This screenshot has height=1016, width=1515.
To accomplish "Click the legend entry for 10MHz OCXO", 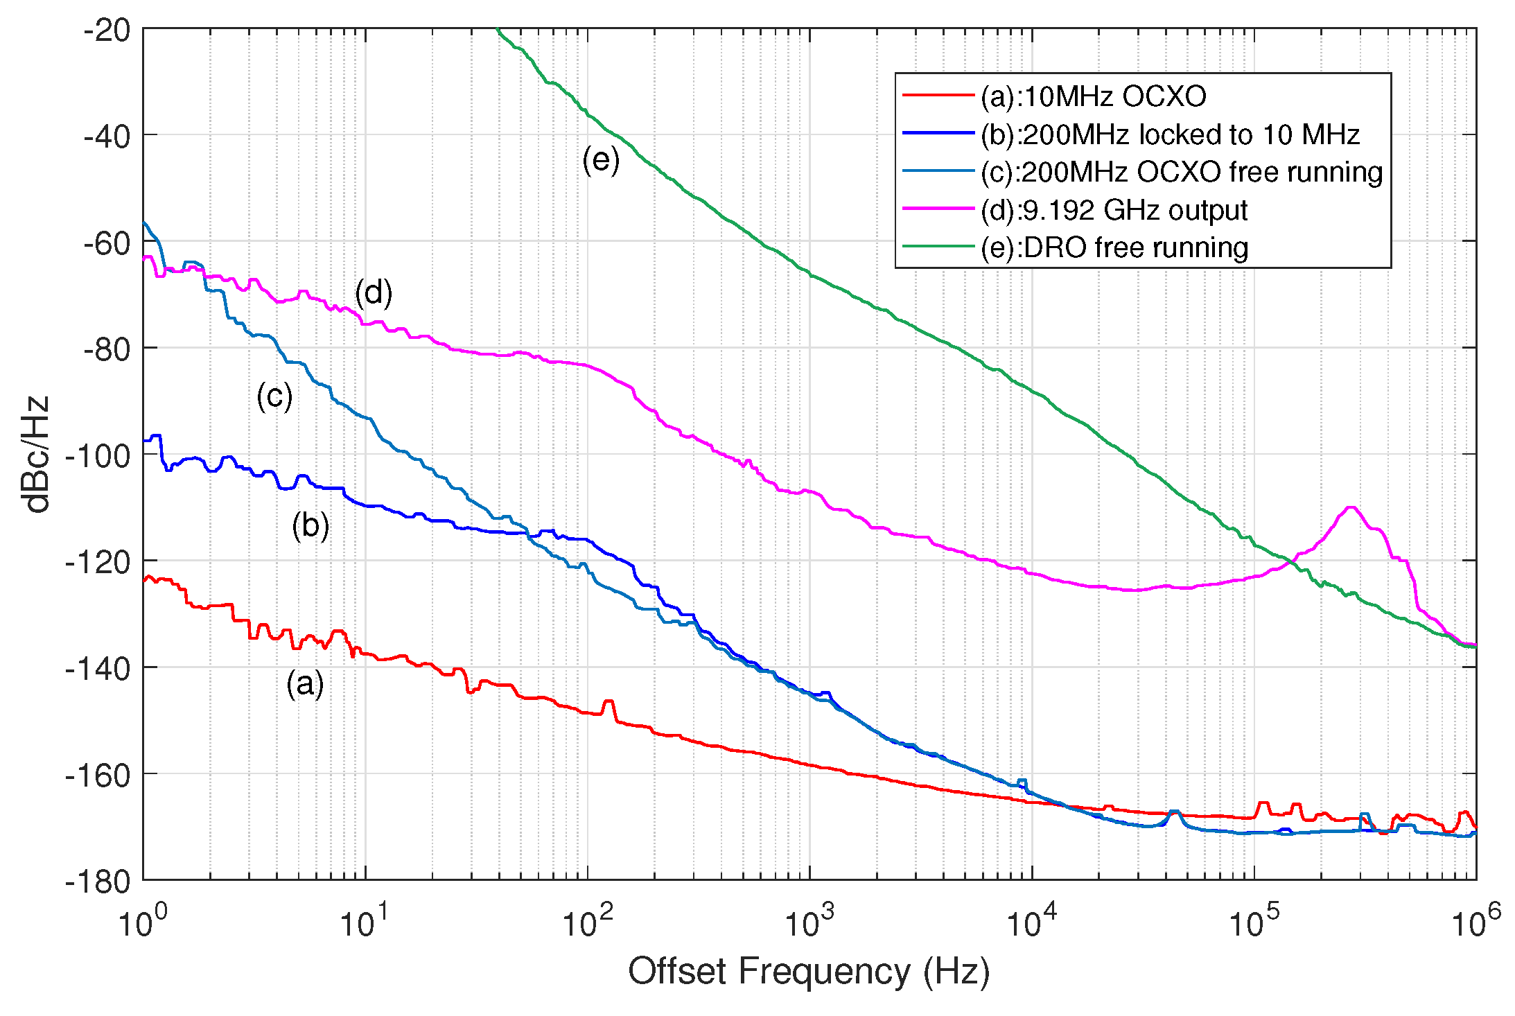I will pyautogui.click(x=1093, y=96).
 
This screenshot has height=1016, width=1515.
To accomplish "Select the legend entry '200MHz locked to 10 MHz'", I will pyautogui.click(x=1170, y=134).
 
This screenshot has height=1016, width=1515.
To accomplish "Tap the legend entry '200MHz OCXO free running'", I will pyautogui.click(x=1181, y=172).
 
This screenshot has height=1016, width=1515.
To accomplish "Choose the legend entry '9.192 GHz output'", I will pyautogui.click(x=1114, y=210).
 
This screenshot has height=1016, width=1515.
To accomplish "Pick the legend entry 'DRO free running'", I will pyautogui.click(x=1114, y=247).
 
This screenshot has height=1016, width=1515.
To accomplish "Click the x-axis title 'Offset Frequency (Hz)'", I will pyautogui.click(x=808, y=971).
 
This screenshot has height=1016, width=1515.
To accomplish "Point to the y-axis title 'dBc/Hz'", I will pyautogui.click(x=36, y=454).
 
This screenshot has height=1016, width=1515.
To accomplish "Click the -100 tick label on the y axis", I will pyautogui.click(x=97, y=455).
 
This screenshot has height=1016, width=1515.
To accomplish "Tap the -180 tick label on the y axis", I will pyautogui.click(x=97, y=882).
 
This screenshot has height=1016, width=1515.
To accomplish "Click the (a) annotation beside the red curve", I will pyautogui.click(x=305, y=684).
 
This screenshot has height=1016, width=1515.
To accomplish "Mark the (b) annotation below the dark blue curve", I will pyautogui.click(x=310, y=525).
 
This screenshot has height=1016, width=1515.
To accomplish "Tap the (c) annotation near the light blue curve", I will pyautogui.click(x=274, y=396).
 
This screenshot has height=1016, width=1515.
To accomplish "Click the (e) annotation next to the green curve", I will pyautogui.click(x=601, y=159).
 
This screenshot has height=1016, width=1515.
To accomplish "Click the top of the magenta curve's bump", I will pyautogui.click(x=1351, y=507).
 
